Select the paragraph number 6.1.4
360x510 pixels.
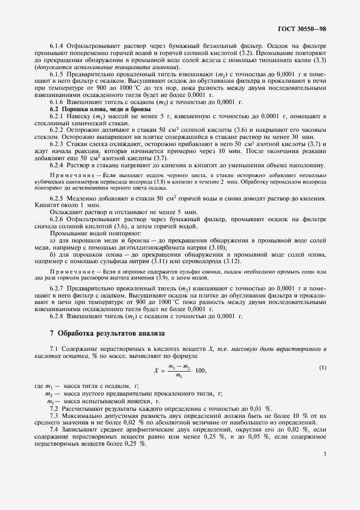[x=57, y=47]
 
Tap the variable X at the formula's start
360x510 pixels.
[x=156, y=371]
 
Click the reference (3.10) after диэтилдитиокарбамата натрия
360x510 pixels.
[x=216, y=247]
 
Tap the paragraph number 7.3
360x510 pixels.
[x=54, y=415]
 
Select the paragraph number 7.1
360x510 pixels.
[x=54, y=348]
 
